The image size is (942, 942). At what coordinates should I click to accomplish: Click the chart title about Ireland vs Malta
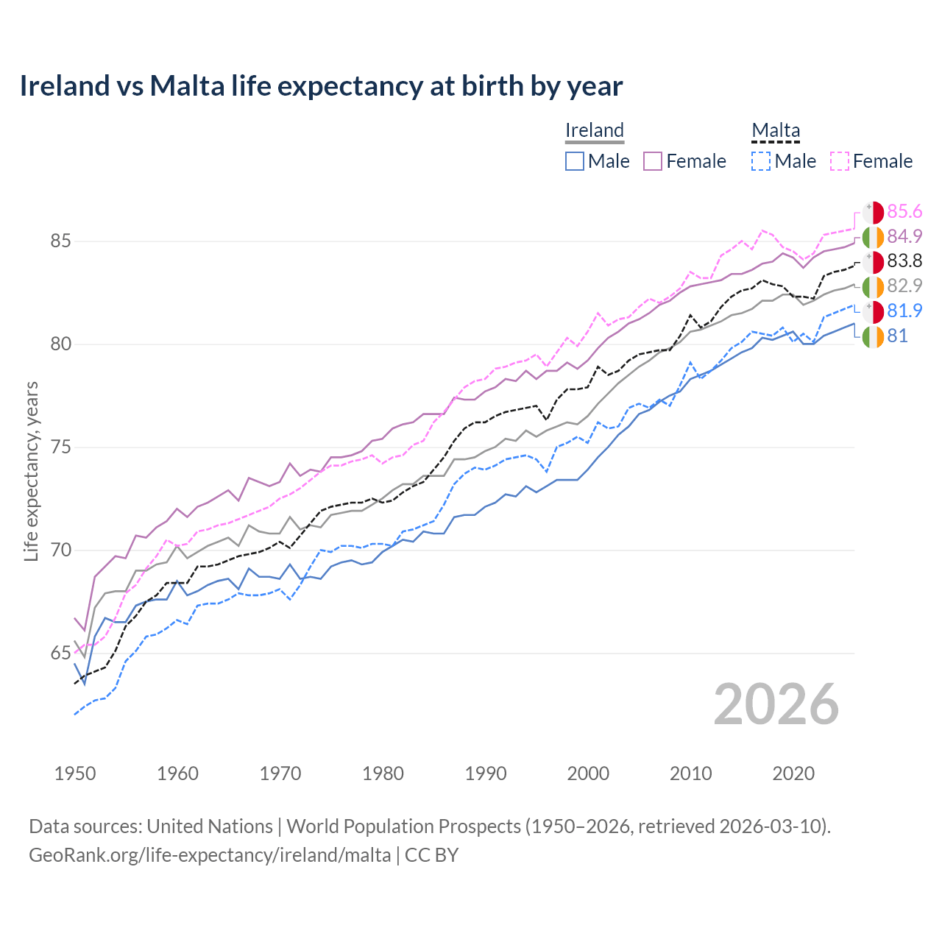321,86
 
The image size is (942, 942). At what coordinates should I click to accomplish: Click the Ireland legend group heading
595,130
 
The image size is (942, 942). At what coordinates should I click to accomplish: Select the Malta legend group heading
776,130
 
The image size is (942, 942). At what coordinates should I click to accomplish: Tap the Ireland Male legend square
575,161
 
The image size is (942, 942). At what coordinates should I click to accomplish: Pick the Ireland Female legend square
653,161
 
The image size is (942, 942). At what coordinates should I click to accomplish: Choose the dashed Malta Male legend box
761,161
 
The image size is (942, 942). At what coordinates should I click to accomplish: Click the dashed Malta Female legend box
840,161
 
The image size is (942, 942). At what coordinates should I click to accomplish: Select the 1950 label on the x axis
75,773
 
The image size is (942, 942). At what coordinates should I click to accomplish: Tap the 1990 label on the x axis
486,773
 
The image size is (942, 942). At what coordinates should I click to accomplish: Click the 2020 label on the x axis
793,773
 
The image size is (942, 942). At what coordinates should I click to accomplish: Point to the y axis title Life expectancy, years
32,471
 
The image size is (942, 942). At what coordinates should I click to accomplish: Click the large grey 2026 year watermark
776,704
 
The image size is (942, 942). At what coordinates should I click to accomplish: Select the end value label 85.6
904,212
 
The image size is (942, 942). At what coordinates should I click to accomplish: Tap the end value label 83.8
904,261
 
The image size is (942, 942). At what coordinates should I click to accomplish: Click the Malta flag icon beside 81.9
873,311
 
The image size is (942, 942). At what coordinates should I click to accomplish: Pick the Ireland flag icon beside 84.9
873,237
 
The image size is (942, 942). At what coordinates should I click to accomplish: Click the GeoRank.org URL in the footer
210,855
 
